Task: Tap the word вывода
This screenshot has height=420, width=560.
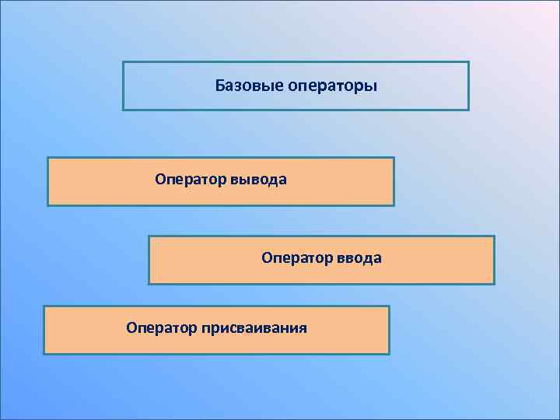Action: [x=259, y=180]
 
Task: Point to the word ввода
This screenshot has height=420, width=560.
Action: [x=359, y=257]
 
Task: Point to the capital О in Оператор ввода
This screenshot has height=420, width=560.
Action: [x=267, y=257]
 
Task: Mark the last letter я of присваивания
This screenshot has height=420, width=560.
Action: [x=303, y=329]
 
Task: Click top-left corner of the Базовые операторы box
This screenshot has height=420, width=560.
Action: [x=123, y=62]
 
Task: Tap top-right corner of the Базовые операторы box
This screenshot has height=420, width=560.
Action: [x=469, y=62]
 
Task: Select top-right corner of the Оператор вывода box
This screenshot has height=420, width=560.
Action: [x=394, y=158]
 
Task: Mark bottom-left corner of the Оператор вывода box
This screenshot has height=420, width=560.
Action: [x=47, y=205]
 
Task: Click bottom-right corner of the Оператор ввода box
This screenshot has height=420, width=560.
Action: [x=494, y=284]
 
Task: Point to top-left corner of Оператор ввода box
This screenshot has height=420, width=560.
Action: [x=149, y=236]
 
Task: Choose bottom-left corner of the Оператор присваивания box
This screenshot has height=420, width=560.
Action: [x=44, y=354]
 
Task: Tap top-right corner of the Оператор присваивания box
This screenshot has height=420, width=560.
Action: [x=389, y=306]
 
